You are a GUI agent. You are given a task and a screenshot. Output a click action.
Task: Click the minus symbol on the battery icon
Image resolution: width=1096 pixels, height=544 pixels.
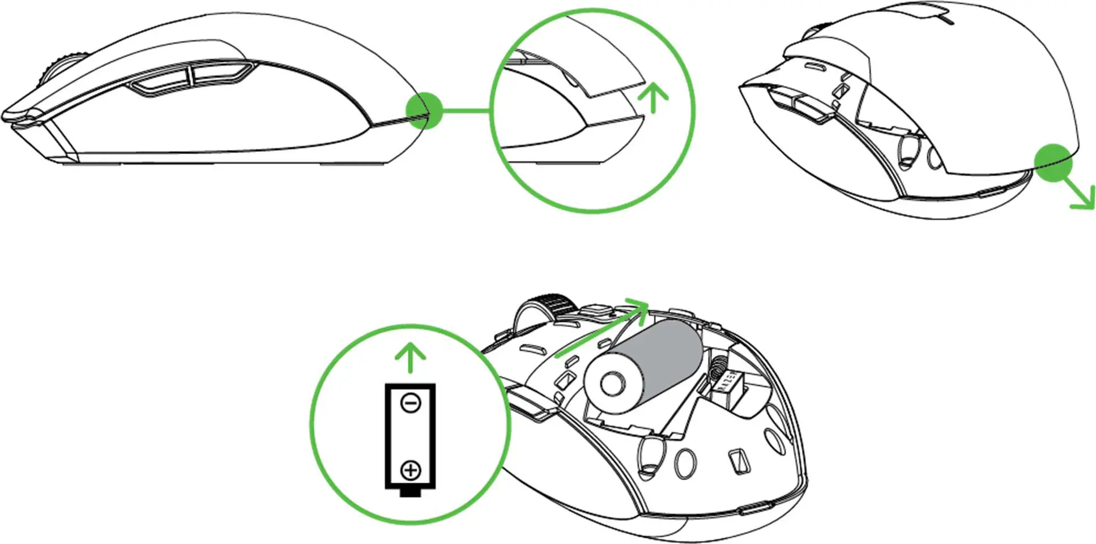pyautogui.click(x=411, y=404)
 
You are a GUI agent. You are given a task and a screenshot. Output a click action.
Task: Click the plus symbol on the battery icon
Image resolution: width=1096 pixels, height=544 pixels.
pyautogui.click(x=411, y=470)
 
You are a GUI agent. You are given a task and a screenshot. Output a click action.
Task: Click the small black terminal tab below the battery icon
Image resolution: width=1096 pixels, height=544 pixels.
pyautogui.click(x=411, y=492)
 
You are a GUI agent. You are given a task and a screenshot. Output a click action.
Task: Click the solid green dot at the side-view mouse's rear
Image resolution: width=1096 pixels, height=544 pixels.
pyautogui.click(x=424, y=110)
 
